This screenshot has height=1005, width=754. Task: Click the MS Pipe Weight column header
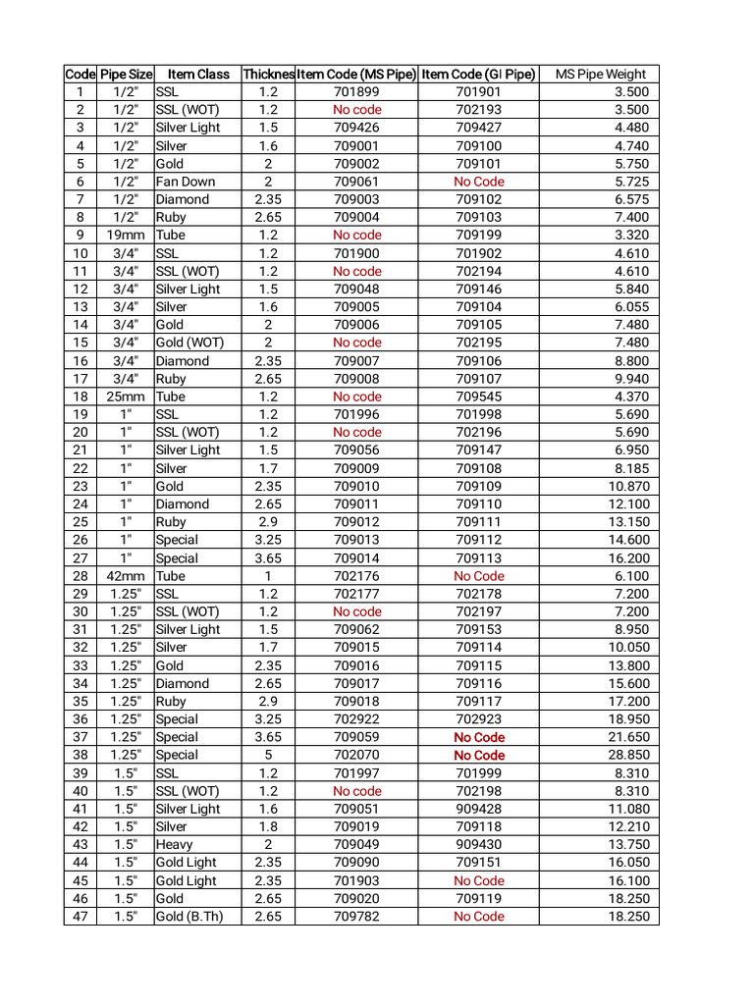pyautogui.click(x=601, y=74)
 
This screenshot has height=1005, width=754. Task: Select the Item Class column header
pyautogui.click(x=198, y=74)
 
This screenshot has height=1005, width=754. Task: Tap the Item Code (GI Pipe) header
pyautogui.click(x=478, y=74)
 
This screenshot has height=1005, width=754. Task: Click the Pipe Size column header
pyautogui.click(x=126, y=74)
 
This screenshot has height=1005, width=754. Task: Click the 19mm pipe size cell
pyautogui.click(x=126, y=235)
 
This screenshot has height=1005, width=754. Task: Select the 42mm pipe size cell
pyautogui.click(x=126, y=576)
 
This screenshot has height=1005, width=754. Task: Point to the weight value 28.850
pyautogui.click(x=628, y=755)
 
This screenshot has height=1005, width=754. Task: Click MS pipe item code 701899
pyautogui.click(x=357, y=92)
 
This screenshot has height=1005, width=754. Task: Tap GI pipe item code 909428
pyautogui.click(x=478, y=809)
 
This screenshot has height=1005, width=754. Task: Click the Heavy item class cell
pyautogui.click(x=175, y=844)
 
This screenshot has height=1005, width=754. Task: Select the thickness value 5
pyautogui.click(x=268, y=755)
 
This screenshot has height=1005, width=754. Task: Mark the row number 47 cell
pyautogui.click(x=80, y=917)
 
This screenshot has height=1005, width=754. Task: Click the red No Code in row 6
pyautogui.click(x=478, y=182)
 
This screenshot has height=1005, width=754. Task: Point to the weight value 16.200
pyautogui.click(x=628, y=557)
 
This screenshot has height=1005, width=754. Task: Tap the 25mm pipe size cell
pyautogui.click(x=126, y=397)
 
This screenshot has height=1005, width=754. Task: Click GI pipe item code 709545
pyautogui.click(x=478, y=397)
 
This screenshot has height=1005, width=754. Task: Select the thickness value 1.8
pyautogui.click(x=268, y=826)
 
